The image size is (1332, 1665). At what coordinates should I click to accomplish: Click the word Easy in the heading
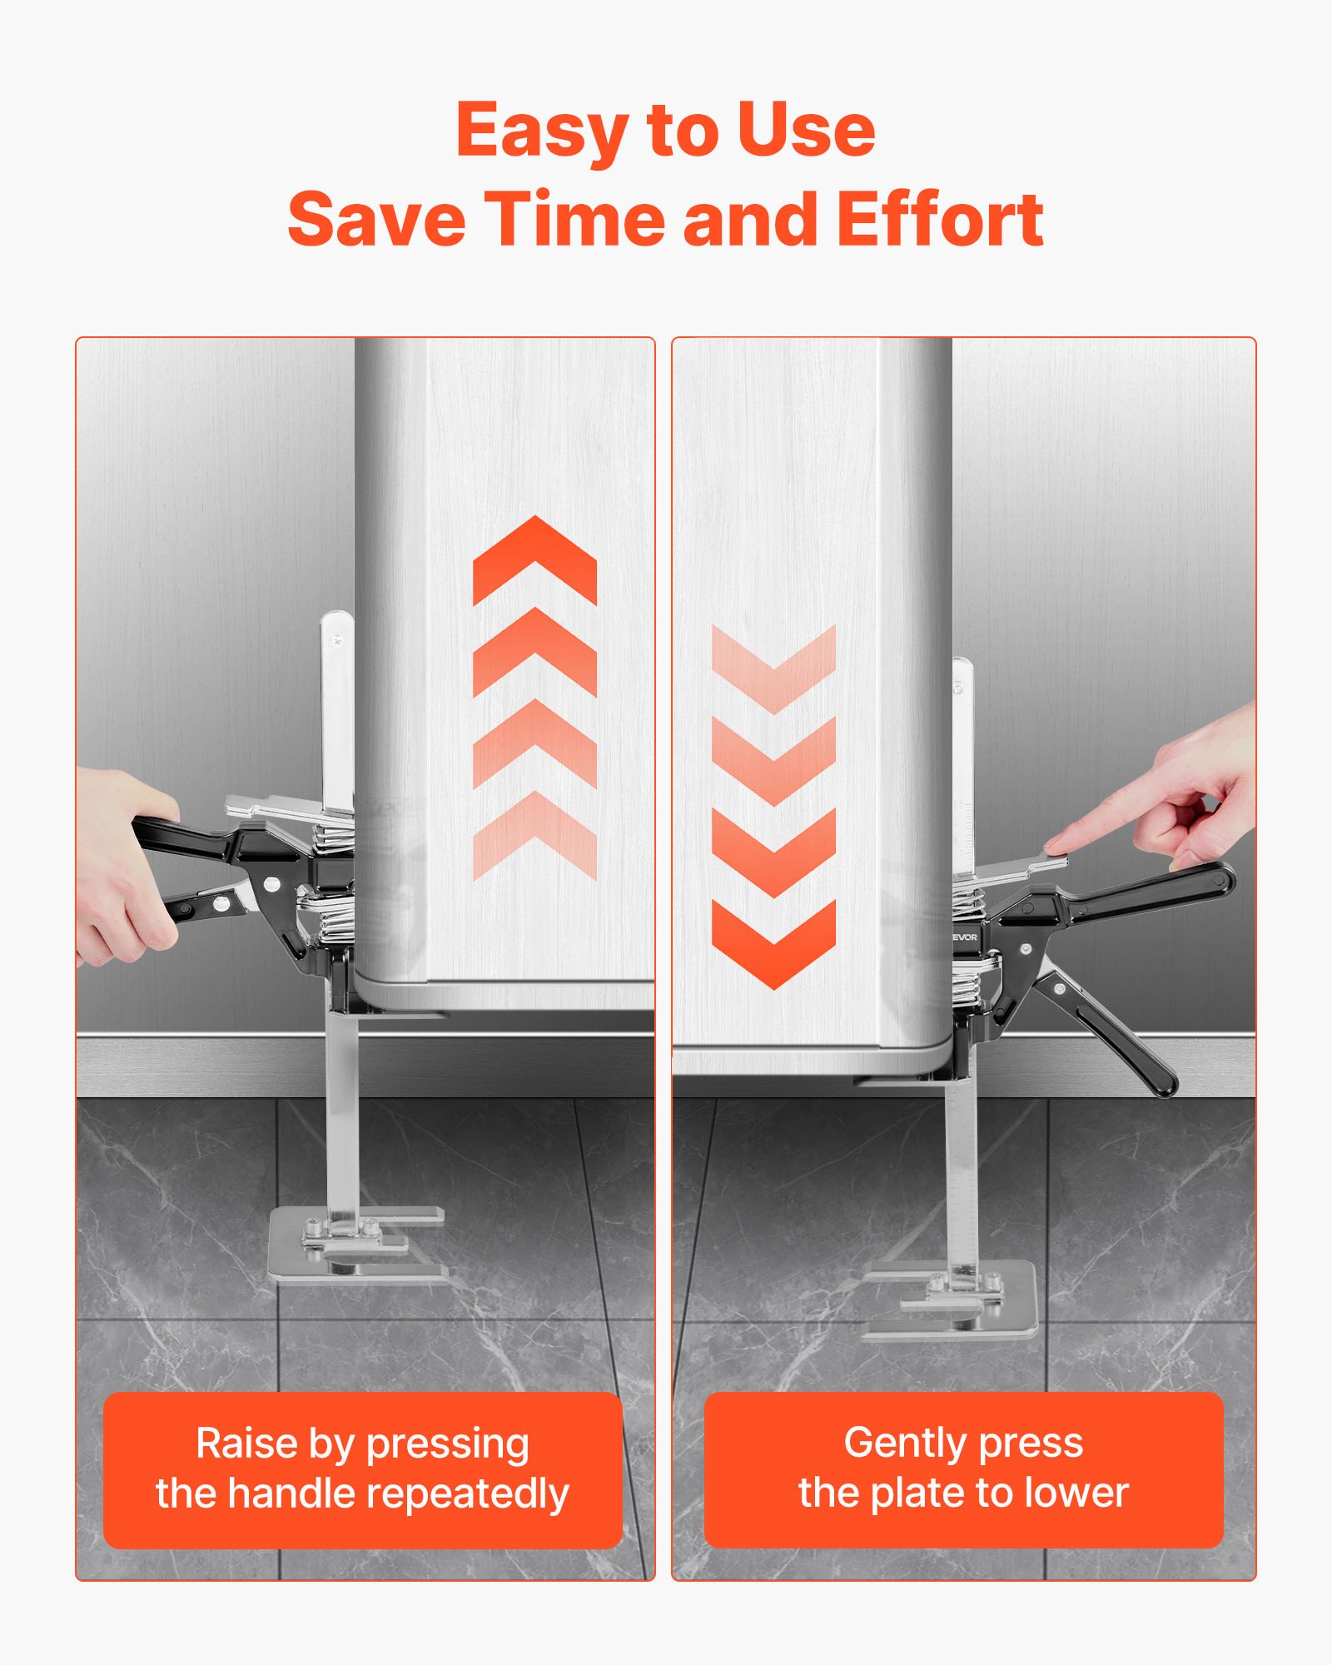pyautogui.click(x=542, y=131)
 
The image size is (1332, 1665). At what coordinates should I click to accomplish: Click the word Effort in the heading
pyautogui.click(x=940, y=218)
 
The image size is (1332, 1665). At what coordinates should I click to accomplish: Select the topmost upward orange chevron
pyautogui.click(x=534, y=559)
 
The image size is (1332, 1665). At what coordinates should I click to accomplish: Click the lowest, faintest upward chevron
pyautogui.click(x=534, y=835)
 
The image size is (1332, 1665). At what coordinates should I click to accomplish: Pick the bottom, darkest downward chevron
pyautogui.click(x=774, y=945)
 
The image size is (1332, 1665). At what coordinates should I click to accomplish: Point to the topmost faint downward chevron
pyautogui.click(x=774, y=669)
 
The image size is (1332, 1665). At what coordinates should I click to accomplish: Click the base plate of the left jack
pyautogui.click(x=356, y=1246)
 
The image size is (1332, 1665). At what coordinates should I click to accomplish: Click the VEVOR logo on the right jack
pyautogui.click(x=964, y=937)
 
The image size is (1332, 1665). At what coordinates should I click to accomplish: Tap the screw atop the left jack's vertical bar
pyautogui.click(x=337, y=641)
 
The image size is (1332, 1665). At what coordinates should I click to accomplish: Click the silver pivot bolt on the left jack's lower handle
pyautogui.click(x=221, y=902)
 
